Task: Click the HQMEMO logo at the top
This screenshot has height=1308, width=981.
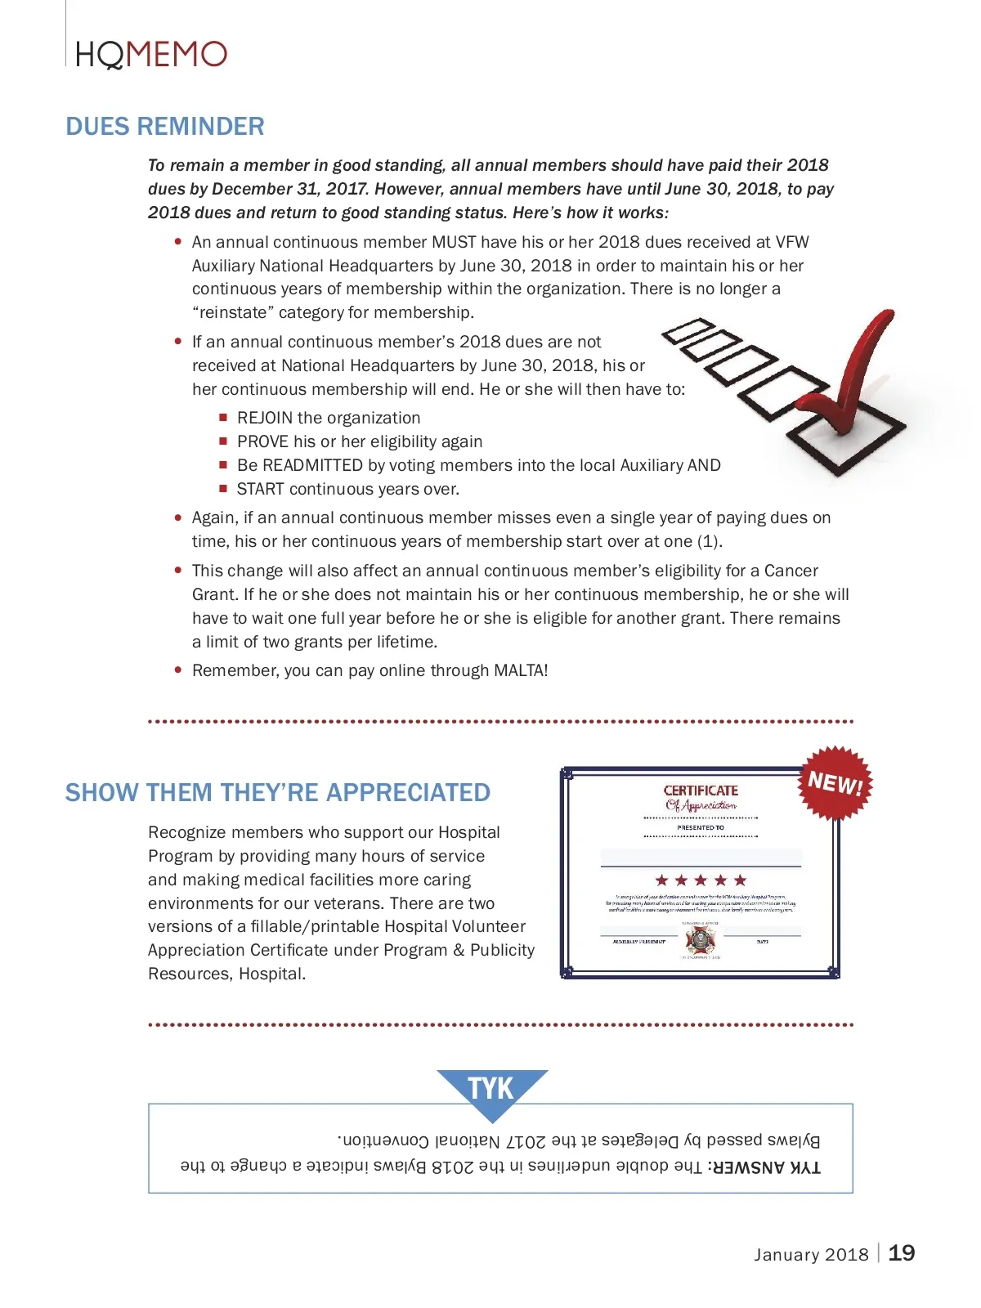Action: (151, 55)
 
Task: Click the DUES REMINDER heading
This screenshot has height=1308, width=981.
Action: (165, 127)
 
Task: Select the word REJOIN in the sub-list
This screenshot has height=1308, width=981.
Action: (264, 418)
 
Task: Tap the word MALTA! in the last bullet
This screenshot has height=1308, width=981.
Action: (521, 670)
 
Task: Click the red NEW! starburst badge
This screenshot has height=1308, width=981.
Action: (835, 783)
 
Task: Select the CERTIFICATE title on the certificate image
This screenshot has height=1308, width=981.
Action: (701, 791)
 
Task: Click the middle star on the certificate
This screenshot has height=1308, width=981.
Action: (701, 880)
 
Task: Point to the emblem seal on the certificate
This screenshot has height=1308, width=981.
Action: (701, 941)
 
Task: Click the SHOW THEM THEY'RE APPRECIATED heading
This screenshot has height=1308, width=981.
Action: (278, 793)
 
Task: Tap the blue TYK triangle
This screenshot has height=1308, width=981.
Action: (491, 1090)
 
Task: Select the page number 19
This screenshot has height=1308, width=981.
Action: (901, 1253)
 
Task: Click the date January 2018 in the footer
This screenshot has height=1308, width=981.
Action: (811, 1255)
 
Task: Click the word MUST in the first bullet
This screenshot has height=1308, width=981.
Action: (454, 242)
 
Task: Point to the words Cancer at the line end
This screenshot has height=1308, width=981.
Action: (791, 571)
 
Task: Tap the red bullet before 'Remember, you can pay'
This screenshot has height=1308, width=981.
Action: (178, 670)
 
